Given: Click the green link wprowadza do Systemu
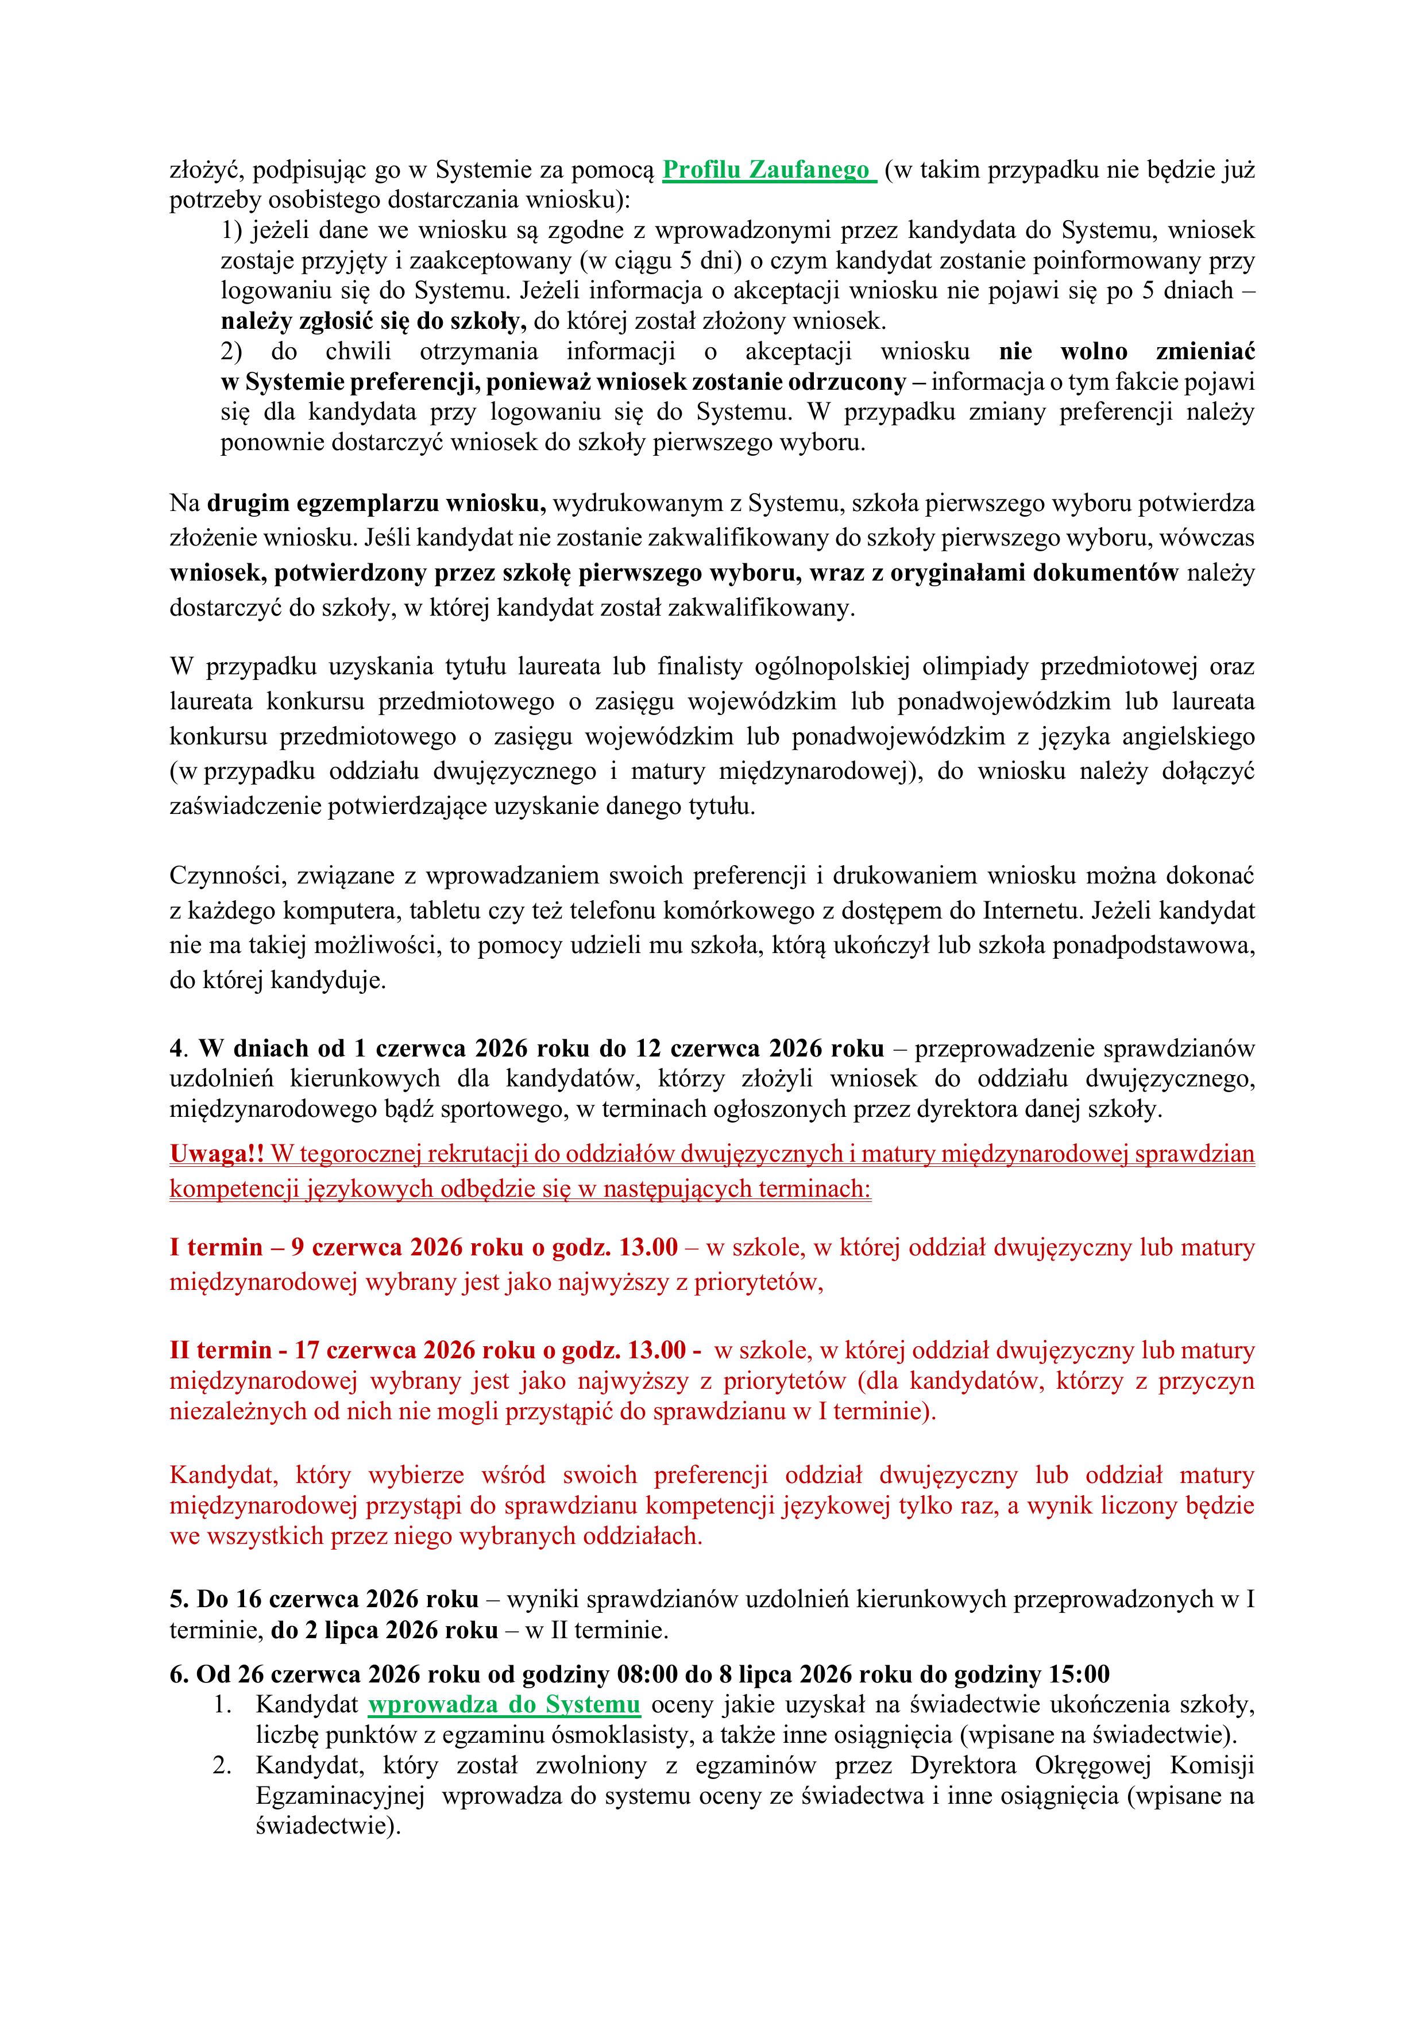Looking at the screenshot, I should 504,1704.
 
